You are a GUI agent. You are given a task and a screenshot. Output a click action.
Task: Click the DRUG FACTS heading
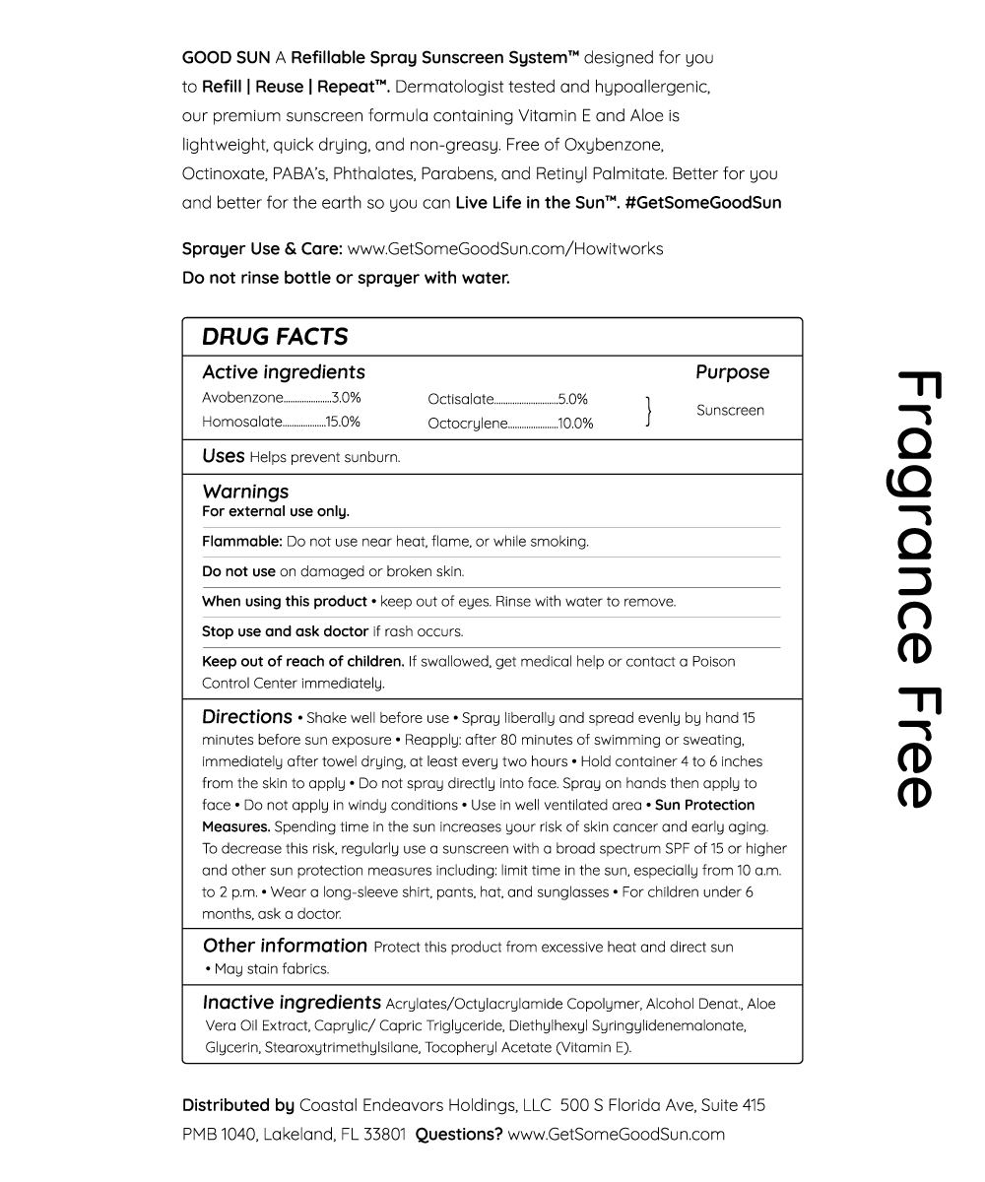(275, 337)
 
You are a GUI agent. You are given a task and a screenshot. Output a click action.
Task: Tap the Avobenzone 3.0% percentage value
(347, 398)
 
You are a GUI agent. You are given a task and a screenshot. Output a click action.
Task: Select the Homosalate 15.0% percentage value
(343, 422)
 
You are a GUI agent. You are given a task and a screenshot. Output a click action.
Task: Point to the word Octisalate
(460, 399)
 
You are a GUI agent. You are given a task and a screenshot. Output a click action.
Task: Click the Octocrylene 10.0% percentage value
(576, 424)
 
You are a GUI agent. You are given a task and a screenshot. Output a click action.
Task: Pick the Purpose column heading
(732, 372)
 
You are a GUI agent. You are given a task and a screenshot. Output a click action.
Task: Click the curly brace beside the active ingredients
(648, 411)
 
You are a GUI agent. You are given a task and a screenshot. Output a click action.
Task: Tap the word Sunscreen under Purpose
(730, 410)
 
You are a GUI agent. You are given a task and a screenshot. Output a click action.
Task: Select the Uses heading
(223, 456)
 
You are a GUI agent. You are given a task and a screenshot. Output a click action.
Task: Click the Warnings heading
(245, 491)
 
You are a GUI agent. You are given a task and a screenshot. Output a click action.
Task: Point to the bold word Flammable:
(242, 541)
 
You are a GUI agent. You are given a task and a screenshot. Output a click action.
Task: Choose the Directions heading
(247, 717)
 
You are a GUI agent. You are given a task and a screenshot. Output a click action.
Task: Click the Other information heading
(285, 946)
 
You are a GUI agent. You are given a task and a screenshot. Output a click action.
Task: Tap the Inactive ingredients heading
(292, 1003)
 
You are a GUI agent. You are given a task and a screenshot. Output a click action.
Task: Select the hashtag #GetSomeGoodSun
(703, 203)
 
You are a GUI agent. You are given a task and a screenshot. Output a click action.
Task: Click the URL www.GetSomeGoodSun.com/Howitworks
(505, 248)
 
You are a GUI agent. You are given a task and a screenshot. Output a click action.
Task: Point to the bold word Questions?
(458, 1134)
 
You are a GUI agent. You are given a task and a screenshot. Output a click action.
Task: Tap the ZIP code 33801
(383, 1134)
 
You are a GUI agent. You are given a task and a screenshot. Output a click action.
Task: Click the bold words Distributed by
(238, 1105)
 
